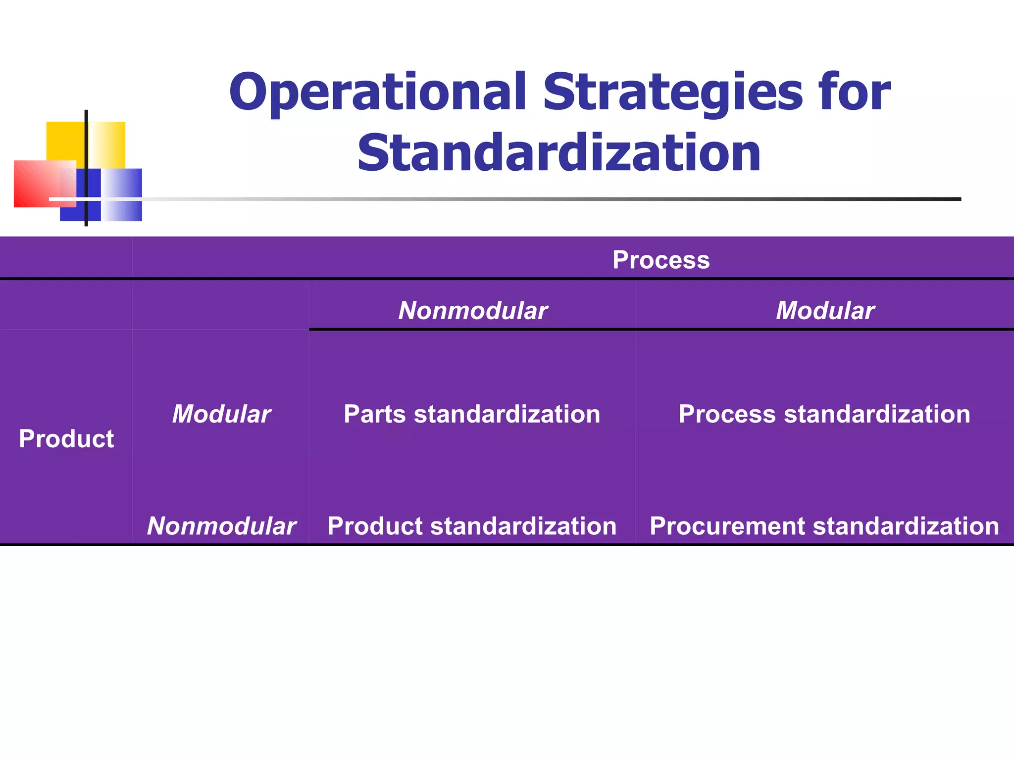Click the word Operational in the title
(377, 93)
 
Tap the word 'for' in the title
(854, 93)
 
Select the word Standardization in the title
(558, 153)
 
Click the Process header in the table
(660, 260)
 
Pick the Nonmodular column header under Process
(472, 311)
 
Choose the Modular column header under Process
(825, 311)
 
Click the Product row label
(66, 438)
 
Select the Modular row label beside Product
(221, 414)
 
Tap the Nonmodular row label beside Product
(221, 526)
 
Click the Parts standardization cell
(471, 414)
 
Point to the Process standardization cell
(824, 414)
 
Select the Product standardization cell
(471, 526)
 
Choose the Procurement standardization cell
(824, 526)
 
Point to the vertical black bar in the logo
(86, 148)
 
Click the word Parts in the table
(375, 414)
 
